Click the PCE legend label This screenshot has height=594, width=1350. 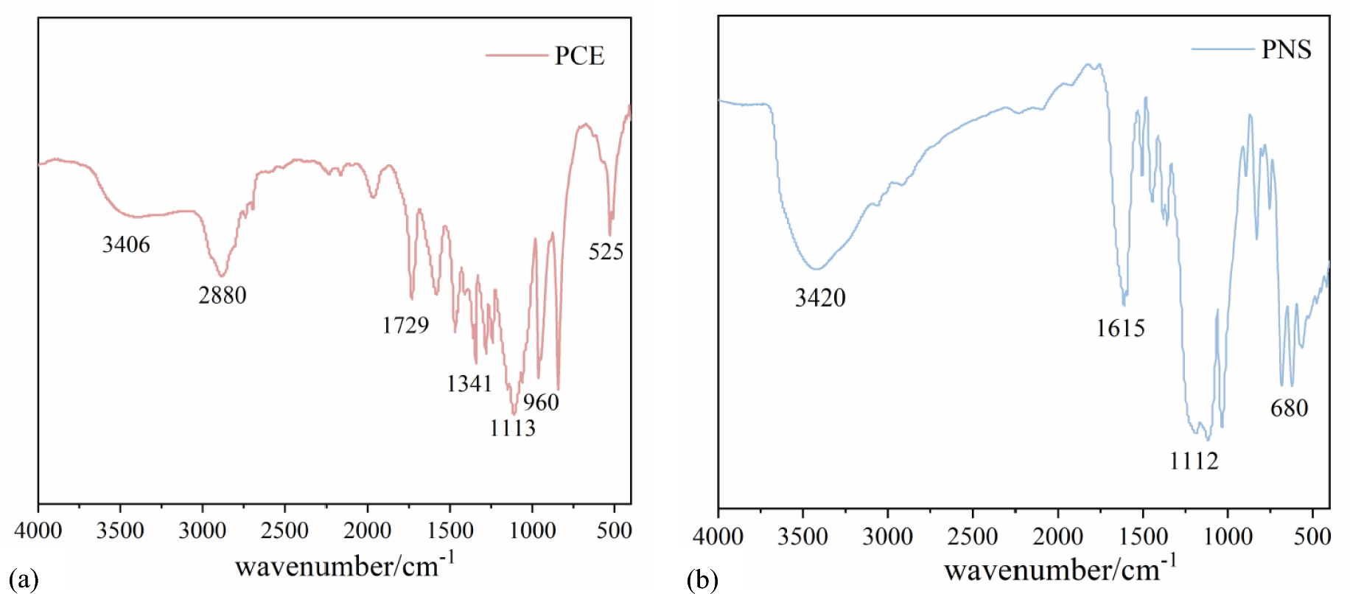[579, 56]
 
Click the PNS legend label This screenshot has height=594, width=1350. [1286, 50]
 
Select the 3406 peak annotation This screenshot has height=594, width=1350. [126, 245]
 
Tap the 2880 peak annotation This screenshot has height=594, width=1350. [222, 296]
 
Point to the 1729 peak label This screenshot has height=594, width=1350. [405, 325]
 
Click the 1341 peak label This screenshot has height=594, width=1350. [469, 383]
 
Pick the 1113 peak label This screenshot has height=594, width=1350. [512, 428]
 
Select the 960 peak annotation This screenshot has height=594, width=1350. [541, 402]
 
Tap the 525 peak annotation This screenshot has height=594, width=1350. [606, 252]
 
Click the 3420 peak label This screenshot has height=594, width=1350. [820, 298]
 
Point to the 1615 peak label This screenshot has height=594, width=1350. [1120, 329]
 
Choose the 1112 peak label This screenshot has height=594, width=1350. [1194, 461]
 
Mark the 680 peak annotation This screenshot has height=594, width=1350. [1289, 408]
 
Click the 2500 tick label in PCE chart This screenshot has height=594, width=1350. [284, 531]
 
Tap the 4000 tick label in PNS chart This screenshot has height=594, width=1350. [718, 537]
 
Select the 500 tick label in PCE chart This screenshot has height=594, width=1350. [614, 531]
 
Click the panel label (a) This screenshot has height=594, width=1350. [23, 579]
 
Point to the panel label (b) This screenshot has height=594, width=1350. [702, 581]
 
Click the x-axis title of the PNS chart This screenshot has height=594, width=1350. [1060, 569]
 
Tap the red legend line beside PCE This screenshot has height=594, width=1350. [517, 55]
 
